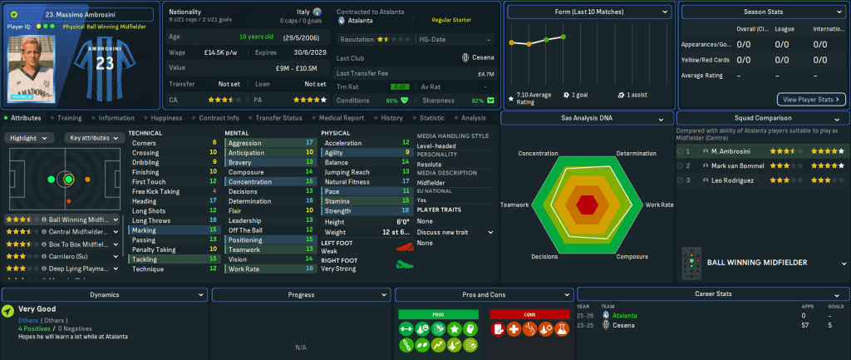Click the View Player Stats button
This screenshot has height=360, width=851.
tap(810, 99)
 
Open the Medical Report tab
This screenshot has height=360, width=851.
tap(342, 118)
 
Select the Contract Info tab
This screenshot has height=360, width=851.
tap(219, 118)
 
